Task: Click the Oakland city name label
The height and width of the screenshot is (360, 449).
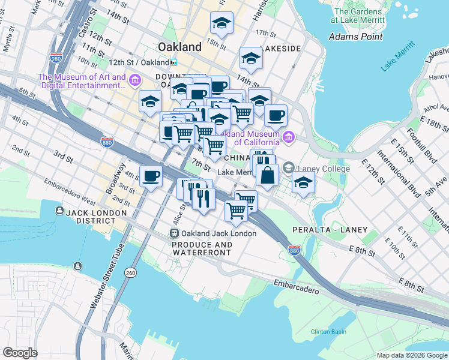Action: click(179, 47)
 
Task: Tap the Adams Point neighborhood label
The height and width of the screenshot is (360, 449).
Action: click(356, 37)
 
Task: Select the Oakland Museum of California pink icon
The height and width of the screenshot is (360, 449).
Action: click(288, 138)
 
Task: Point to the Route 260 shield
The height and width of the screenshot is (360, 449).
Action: click(130, 273)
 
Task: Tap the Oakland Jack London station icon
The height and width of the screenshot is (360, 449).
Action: click(174, 233)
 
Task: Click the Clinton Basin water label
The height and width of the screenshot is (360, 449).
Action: click(328, 332)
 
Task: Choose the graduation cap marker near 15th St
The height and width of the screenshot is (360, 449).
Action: click(221, 25)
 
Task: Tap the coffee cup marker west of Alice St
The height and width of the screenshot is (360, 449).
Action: click(150, 176)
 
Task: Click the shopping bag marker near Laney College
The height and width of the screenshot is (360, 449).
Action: click(267, 175)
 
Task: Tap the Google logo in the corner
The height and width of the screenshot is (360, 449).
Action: click(20, 352)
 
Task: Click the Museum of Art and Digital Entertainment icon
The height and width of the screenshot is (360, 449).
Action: click(135, 80)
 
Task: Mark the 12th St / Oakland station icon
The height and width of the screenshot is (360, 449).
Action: click(173, 62)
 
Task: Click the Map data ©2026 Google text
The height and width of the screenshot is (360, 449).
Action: click(411, 355)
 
